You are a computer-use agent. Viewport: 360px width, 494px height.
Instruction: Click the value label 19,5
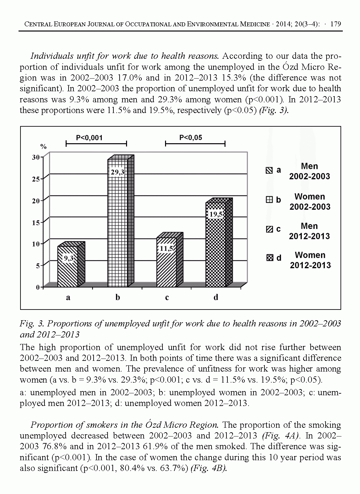point(216,214)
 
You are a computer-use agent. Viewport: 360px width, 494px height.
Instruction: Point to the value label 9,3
point(68,258)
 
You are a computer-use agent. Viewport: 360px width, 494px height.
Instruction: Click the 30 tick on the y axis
point(35,157)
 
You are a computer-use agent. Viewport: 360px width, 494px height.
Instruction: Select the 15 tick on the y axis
point(35,222)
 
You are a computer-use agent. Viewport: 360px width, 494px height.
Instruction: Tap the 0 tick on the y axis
point(38,287)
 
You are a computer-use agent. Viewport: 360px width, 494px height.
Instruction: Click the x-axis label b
point(118,297)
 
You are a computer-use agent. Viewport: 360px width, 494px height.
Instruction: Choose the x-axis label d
point(216,297)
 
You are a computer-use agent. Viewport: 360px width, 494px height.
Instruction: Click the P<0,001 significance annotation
point(89,138)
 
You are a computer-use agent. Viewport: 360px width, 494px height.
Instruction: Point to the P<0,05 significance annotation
point(191,138)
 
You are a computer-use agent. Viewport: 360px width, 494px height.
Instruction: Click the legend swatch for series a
point(269,170)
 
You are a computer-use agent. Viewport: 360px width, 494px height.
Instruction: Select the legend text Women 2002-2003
point(310,202)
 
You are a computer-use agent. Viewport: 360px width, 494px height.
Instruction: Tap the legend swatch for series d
point(269,258)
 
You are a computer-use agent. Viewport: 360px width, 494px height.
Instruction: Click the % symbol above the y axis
point(44,147)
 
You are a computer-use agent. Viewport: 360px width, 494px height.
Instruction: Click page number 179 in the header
point(335,24)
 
